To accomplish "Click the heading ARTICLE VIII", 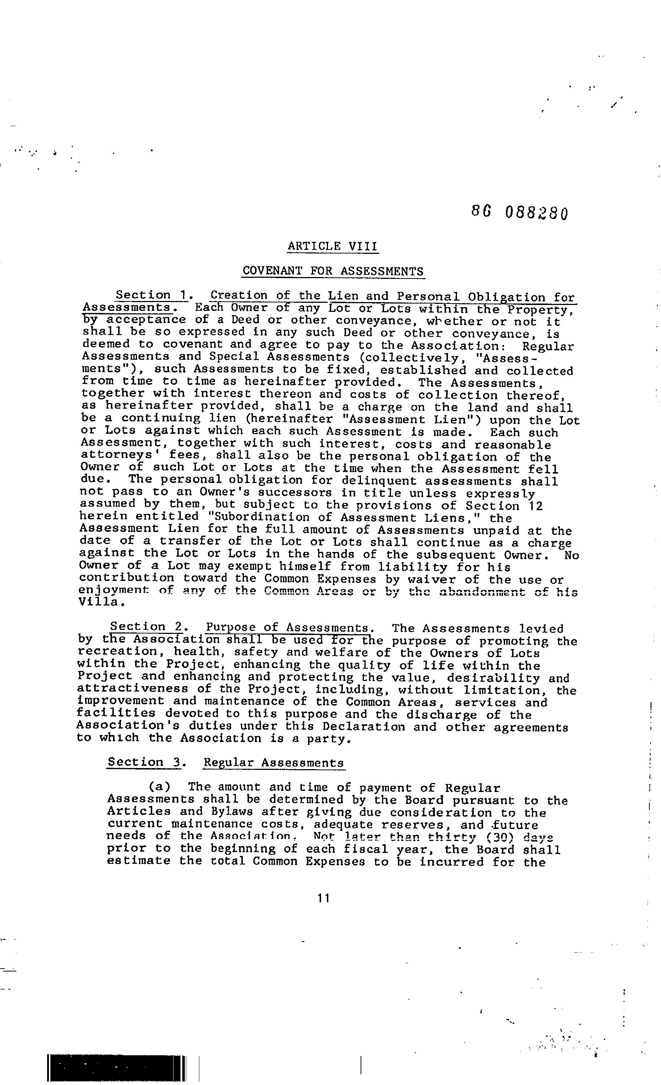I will coord(333,246).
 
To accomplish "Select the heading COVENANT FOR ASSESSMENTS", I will coord(333,271).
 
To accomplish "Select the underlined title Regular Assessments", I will coord(274,763).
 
